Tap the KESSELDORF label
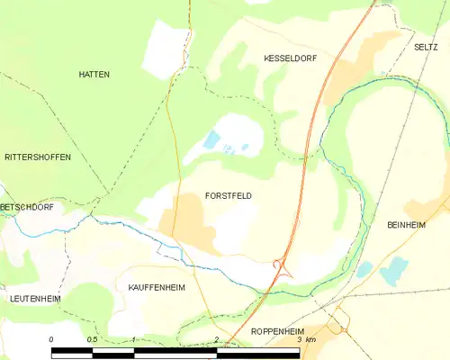[x=290, y=58]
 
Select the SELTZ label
[x=425, y=47]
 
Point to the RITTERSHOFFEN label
[x=38, y=157]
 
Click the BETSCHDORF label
[x=27, y=207]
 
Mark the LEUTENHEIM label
[x=34, y=297]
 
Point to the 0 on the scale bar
[x=52, y=339]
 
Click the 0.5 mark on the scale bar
[x=92, y=339]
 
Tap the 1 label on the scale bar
[x=133, y=339]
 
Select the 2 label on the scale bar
[x=216, y=339]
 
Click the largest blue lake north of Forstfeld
[x=211, y=139]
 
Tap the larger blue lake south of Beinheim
[x=394, y=270]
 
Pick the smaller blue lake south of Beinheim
[x=364, y=269]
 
